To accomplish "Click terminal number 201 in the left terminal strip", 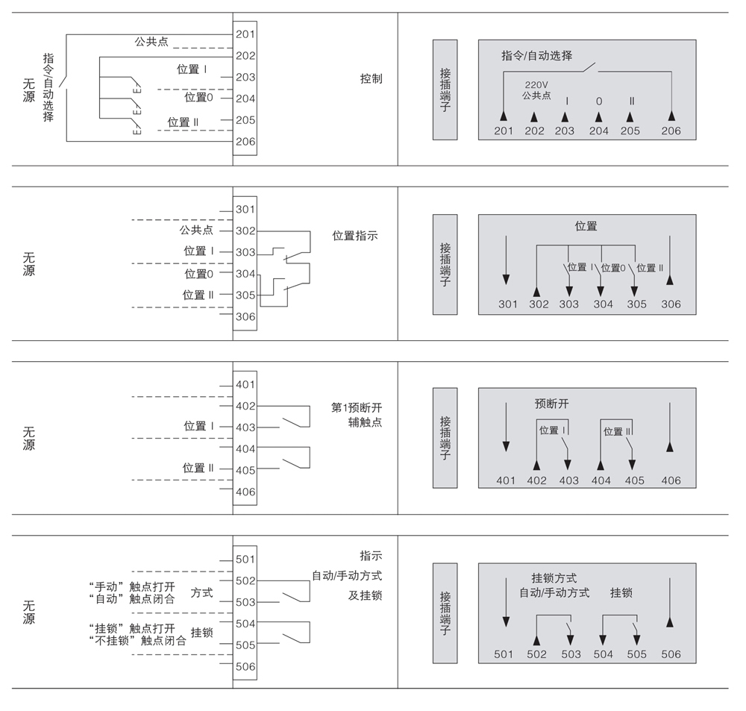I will coord(245,34).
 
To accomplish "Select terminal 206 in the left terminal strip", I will coord(245,141).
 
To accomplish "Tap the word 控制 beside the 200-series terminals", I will coord(371,78).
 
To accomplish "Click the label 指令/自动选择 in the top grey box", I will coord(537,55).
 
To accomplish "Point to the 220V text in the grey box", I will coord(536,85).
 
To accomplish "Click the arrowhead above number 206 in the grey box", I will coord(671,116).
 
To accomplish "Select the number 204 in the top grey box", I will coord(598,131).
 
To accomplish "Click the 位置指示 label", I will coord(355,236).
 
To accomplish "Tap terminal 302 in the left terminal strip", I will coord(245,231).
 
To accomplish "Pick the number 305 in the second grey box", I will coord(636,304).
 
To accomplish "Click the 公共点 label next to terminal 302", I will coord(196,230).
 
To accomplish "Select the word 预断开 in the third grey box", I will coord(551,403).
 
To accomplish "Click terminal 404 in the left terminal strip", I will coord(245,449).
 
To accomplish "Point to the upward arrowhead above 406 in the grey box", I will coord(671,447).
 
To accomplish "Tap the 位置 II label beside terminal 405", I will coord(198,468).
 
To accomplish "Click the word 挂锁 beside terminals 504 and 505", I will coord(202,633).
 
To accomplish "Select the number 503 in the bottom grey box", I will coord(571,654).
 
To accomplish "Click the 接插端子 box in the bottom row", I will coord(445,613).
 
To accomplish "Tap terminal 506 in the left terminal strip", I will coord(245,667).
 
